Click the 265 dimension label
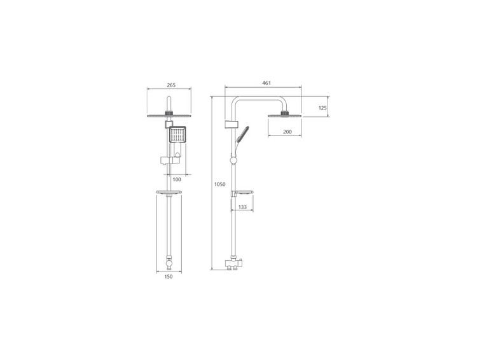coord(171,85)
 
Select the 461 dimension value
coord(266,83)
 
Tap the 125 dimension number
coord(322,107)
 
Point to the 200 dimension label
coord(287,132)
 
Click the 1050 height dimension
coord(220,184)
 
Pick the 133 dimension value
coord(242,207)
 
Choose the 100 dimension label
coord(177,179)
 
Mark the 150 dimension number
coord(169,276)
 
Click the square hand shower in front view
coord(177,135)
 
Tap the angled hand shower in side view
coord(242,134)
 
